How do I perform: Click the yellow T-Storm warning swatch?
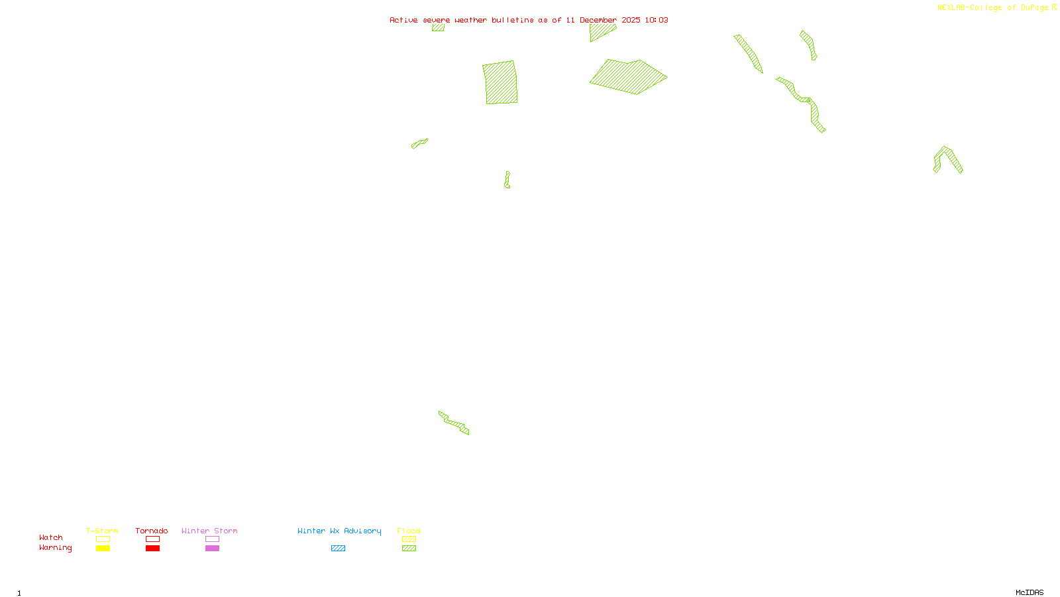click(x=103, y=549)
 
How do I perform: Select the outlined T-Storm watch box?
click(x=103, y=539)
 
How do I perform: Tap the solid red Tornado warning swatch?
click(x=153, y=549)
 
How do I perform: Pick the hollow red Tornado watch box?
click(x=153, y=539)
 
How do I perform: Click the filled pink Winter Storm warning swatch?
click(x=212, y=549)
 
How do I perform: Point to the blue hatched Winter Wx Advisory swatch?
click(x=338, y=549)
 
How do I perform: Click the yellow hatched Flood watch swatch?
click(x=409, y=539)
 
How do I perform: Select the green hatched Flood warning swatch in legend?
click(x=409, y=549)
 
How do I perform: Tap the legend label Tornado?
click(x=152, y=531)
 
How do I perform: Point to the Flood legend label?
click(x=409, y=531)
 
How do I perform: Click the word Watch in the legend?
click(x=51, y=538)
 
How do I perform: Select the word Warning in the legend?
click(x=55, y=548)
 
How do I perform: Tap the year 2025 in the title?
click(x=631, y=20)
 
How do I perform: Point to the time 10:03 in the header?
click(x=657, y=20)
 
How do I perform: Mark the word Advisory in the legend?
click(x=362, y=531)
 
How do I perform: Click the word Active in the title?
click(x=403, y=20)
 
